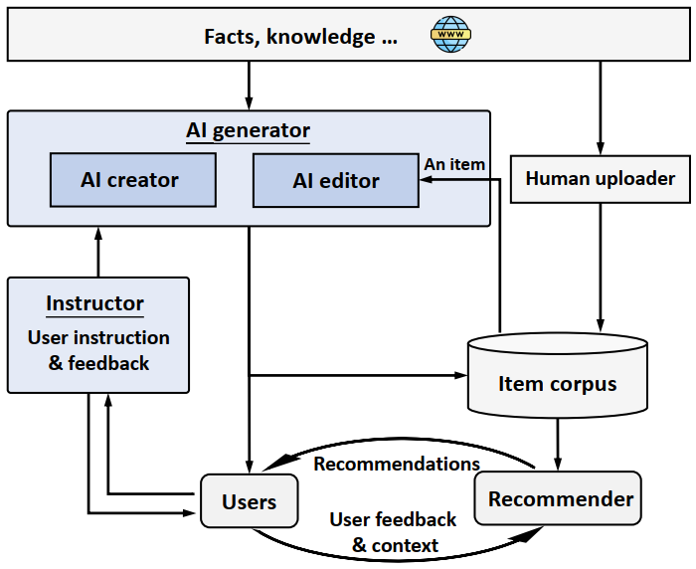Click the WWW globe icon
pyautogui.click(x=451, y=37)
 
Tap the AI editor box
pyautogui.click(x=336, y=180)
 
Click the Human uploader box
pyautogui.click(x=600, y=179)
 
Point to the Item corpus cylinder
pyautogui.click(x=557, y=383)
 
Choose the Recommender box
pyautogui.click(x=560, y=498)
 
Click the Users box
pyautogui.click(x=250, y=501)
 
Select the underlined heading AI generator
pyautogui.click(x=249, y=130)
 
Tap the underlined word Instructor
pyautogui.click(x=95, y=303)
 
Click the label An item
pyautogui.click(x=454, y=163)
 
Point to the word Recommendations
pyautogui.click(x=397, y=464)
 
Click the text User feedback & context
pyautogui.click(x=394, y=532)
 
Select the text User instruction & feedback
pyautogui.click(x=98, y=350)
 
